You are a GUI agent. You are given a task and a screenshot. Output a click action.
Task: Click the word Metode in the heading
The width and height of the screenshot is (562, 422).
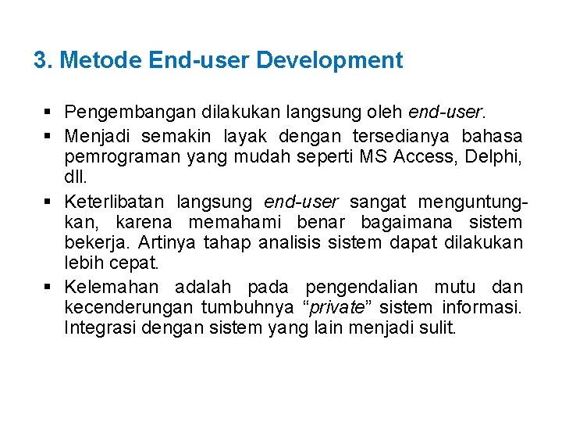coord(100,60)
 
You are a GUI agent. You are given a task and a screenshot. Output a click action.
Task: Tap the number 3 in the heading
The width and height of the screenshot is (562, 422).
coord(41,60)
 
